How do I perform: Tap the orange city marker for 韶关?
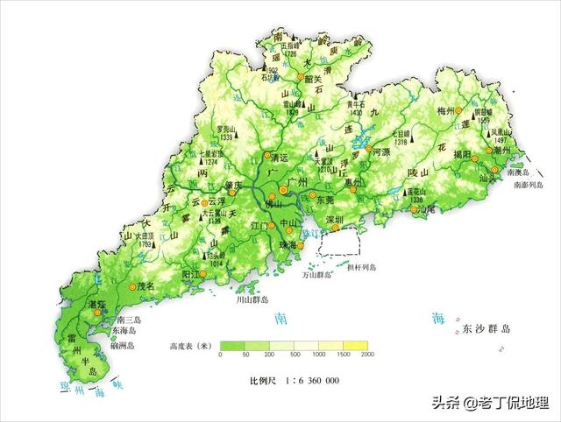[x=299, y=78]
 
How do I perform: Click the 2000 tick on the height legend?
[x=367, y=355]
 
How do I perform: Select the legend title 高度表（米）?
[x=192, y=345]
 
